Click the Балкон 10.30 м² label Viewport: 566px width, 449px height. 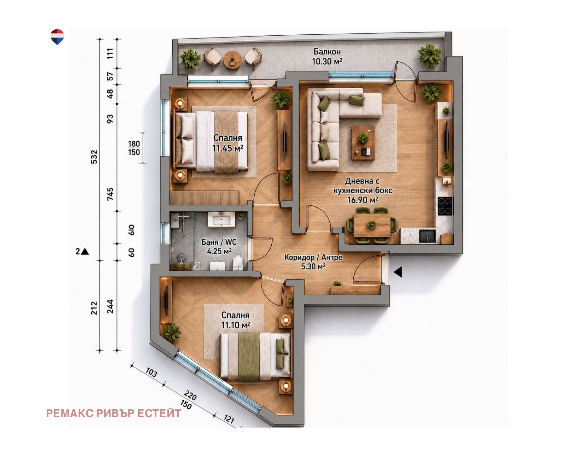(x=327, y=57)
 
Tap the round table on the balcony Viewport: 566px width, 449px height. (x=232, y=60)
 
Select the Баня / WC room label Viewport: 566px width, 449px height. (x=219, y=242)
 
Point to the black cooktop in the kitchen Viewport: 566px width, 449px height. (x=445, y=206)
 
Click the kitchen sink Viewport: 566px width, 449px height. (x=427, y=236)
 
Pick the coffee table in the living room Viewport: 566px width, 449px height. (x=363, y=143)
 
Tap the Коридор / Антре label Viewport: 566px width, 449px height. (x=313, y=257)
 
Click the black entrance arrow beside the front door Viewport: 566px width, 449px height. (x=398, y=272)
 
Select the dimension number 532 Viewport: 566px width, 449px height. (x=94, y=157)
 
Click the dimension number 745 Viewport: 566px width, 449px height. (x=110, y=194)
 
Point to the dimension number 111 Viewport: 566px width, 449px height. (x=110, y=53)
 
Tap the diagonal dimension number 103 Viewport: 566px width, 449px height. (x=151, y=373)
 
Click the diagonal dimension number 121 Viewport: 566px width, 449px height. (x=229, y=419)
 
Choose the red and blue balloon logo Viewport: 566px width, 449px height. (x=57, y=37)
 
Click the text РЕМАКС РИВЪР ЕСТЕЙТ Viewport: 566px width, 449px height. (x=114, y=414)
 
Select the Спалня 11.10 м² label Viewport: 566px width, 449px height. (x=235, y=320)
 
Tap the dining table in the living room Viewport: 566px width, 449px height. (x=372, y=225)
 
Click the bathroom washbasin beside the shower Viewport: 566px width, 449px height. (x=221, y=220)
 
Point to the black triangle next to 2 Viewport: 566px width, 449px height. (x=85, y=251)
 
